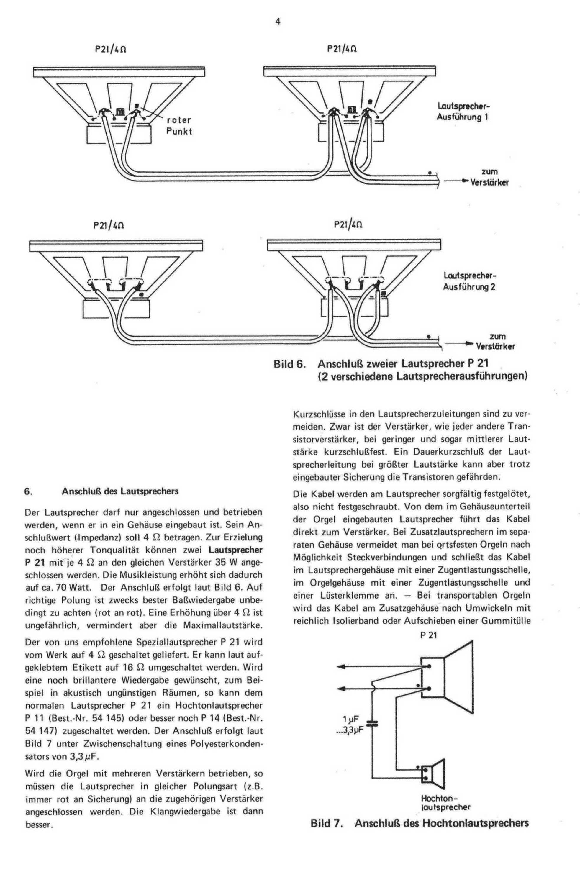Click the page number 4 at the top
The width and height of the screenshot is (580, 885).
coord(278,22)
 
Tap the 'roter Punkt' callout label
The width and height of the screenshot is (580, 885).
coord(179,126)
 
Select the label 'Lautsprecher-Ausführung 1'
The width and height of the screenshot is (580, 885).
coord(463,112)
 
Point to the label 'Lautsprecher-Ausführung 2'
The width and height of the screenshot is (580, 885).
coord(470,281)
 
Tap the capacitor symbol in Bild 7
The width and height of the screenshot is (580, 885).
coord(373,724)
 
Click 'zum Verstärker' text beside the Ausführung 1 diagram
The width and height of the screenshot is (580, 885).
coord(489,177)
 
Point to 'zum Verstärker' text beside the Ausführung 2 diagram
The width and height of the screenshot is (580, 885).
coord(496,341)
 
